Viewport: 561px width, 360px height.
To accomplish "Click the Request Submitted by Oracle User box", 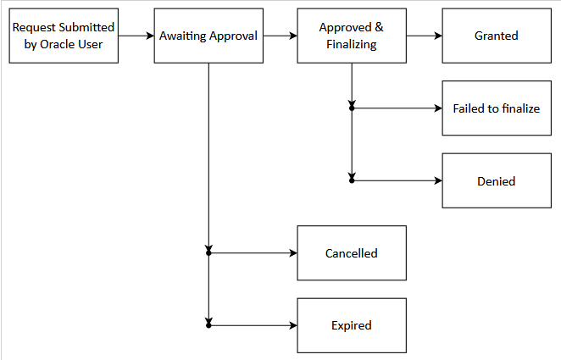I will [64, 36].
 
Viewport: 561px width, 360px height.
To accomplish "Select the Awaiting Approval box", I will [208, 36].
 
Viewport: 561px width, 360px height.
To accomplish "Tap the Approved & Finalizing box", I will [351, 36].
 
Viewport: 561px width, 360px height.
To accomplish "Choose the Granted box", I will [497, 36].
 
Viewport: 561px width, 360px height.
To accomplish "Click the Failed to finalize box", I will [497, 108].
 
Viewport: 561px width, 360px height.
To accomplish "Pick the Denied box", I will [497, 180].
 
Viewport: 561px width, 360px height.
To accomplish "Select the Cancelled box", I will [351, 253].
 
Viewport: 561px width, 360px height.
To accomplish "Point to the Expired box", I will [351, 325].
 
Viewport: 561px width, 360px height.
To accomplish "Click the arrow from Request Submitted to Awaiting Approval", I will [136, 36].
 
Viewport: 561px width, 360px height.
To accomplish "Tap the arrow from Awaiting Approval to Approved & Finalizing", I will [280, 36].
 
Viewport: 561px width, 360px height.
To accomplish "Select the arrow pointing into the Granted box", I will [424, 36].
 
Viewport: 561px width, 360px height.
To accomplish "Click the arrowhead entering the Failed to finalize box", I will [437, 108].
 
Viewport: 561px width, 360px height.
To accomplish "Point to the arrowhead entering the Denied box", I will [437, 180].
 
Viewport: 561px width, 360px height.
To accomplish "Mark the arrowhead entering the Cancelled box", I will [292, 253].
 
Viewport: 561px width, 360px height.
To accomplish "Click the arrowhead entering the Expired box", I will [292, 325].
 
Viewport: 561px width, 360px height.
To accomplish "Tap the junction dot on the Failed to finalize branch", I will [352, 108].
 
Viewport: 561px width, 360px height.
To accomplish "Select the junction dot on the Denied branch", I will [352, 180].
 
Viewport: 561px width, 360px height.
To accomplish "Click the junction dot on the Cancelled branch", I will [208, 253].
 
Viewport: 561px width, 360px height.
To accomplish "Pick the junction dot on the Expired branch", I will [208, 325].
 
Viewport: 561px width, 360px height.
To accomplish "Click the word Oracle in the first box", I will [58, 44].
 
